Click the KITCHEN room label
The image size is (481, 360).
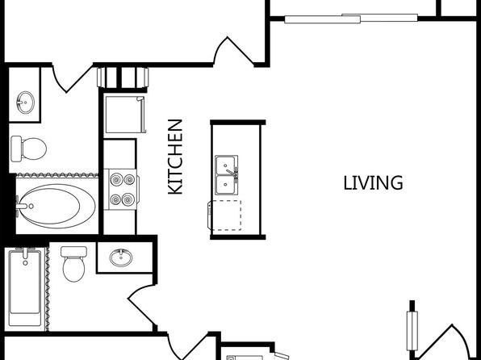[x=175, y=157]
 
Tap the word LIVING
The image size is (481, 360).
[x=373, y=183]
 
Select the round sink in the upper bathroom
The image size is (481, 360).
[x=26, y=103]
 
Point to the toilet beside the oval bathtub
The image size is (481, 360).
[x=28, y=149]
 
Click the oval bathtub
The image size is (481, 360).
[x=56, y=206]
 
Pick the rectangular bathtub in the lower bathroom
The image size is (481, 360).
[x=25, y=287]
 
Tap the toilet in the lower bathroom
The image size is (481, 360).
[x=74, y=264]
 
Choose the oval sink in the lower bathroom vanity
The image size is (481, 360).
[x=121, y=257]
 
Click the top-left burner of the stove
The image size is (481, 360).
[x=116, y=179]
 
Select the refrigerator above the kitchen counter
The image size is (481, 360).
[x=125, y=115]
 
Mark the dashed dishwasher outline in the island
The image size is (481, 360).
[x=225, y=216]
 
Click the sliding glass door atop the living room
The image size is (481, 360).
[x=351, y=18]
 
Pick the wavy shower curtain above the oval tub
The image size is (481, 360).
[x=57, y=175]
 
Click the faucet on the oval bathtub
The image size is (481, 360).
[x=23, y=207]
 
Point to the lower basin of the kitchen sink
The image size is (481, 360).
[x=227, y=185]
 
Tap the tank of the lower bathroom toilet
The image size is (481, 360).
[x=74, y=252]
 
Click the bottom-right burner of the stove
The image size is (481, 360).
[x=128, y=199]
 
